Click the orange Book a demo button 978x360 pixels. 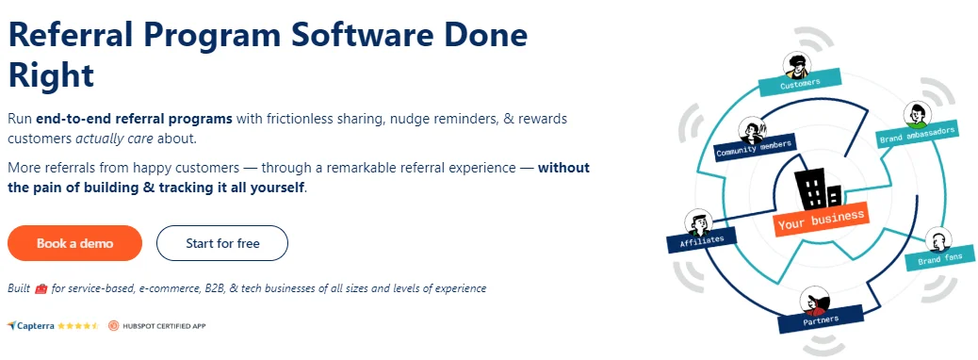(74, 243)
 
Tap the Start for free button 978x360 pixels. (222, 243)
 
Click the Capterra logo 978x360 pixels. (30, 326)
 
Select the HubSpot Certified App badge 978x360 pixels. (156, 326)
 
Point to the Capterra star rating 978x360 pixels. (78, 326)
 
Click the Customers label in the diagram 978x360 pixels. (800, 82)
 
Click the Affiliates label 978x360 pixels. (702, 239)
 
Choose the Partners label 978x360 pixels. (821, 319)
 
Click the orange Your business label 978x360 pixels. (821, 220)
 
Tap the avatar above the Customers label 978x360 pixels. (794, 65)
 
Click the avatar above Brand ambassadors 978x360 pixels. (917, 115)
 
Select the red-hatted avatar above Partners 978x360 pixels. (814, 301)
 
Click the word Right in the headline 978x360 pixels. (51, 74)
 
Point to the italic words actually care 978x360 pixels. (114, 139)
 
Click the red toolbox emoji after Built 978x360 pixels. (41, 289)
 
